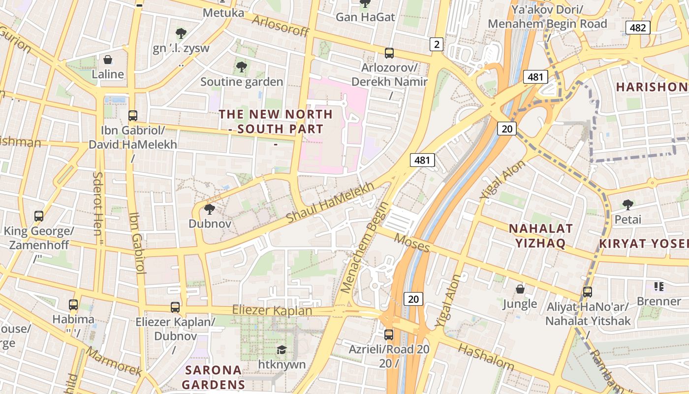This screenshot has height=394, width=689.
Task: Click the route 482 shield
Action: [638, 28]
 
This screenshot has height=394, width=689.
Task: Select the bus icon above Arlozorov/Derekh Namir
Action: [389, 53]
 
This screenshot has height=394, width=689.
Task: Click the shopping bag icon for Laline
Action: [108, 60]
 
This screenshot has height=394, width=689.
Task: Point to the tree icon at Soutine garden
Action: [241, 67]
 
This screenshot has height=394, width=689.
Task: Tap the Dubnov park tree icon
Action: [209, 209]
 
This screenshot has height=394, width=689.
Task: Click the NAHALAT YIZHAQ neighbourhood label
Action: [541, 235]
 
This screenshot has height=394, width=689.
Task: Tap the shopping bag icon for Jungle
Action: [520, 289]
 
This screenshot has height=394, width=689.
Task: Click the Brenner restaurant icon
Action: [659, 286]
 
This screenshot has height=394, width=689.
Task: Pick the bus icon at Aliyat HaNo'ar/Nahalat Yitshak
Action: [587, 292]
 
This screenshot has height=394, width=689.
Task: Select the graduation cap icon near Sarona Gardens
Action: [282, 350]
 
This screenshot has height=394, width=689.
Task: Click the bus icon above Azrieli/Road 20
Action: [389, 335]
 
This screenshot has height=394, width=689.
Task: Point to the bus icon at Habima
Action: [73, 305]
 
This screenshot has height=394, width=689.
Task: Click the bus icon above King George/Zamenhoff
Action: [38, 216]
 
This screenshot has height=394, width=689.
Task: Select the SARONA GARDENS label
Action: [214, 377]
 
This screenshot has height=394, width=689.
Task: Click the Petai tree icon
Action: [627, 204]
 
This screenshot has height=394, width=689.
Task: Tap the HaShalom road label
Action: [486, 357]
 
